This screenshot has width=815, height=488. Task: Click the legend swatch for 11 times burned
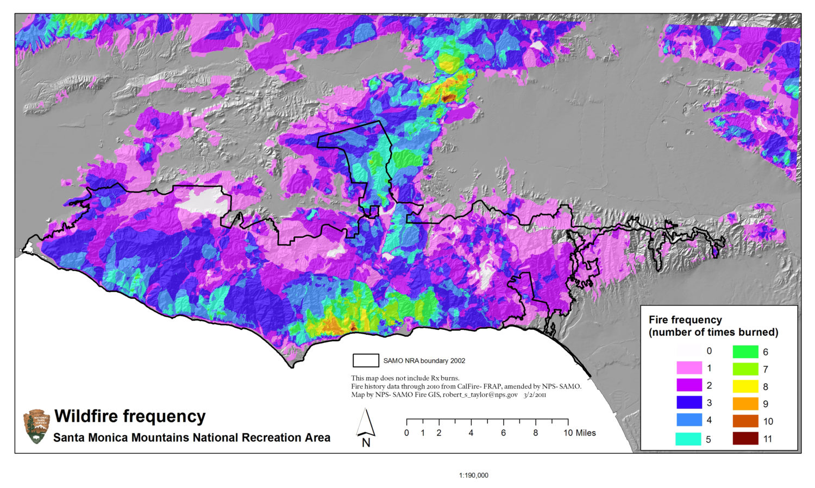(x=745, y=438)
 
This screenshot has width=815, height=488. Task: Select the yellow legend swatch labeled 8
(x=745, y=386)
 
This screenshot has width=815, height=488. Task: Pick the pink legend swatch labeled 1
(x=689, y=368)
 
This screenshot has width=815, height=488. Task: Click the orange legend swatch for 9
(x=745, y=404)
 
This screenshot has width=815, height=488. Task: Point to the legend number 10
(x=768, y=421)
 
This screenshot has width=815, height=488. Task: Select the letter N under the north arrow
(x=366, y=442)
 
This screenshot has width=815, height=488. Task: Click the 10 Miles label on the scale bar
(x=579, y=433)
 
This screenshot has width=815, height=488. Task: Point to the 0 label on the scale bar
(x=406, y=433)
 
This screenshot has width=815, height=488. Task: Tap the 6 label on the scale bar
(x=503, y=433)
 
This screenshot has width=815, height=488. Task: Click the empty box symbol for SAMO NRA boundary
(x=366, y=360)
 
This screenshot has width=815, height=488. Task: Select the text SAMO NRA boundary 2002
(x=424, y=361)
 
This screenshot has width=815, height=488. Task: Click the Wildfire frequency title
(x=130, y=416)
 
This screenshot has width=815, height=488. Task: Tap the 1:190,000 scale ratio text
(x=474, y=476)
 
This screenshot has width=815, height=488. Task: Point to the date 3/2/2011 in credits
(x=535, y=395)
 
